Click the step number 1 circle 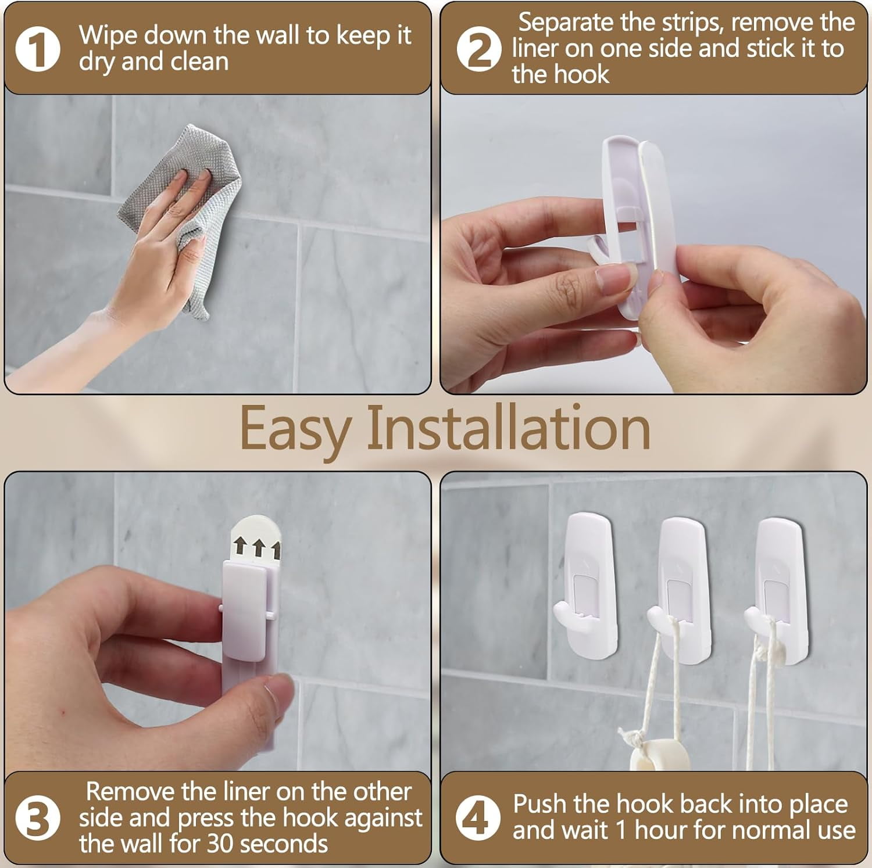coord(37,49)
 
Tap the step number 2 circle coord(478,49)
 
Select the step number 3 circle coord(37,818)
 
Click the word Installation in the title coord(508,429)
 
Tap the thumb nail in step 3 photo coord(273,694)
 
